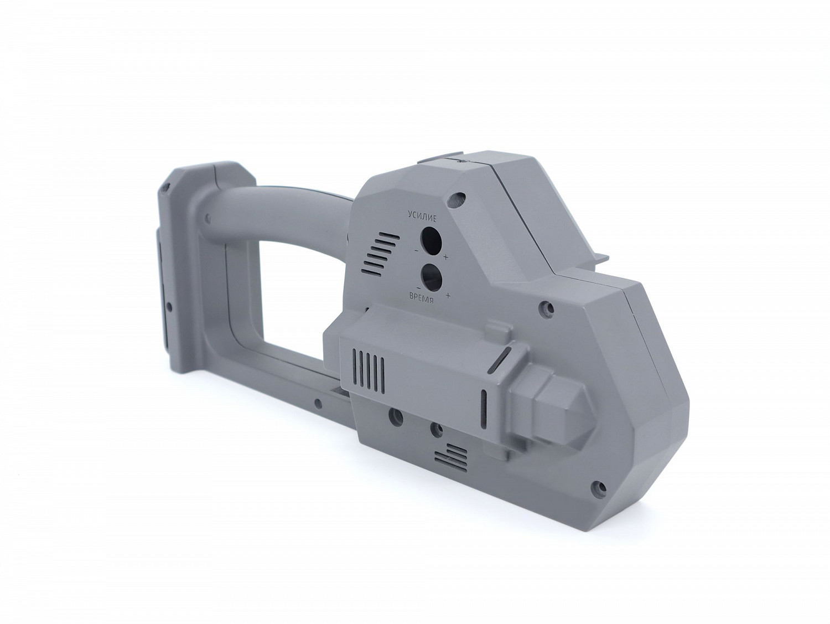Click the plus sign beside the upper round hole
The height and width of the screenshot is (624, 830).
(x=446, y=257)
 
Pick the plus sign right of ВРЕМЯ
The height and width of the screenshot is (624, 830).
(x=448, y=295)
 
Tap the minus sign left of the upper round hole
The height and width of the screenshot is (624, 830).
(x=416, y=251)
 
